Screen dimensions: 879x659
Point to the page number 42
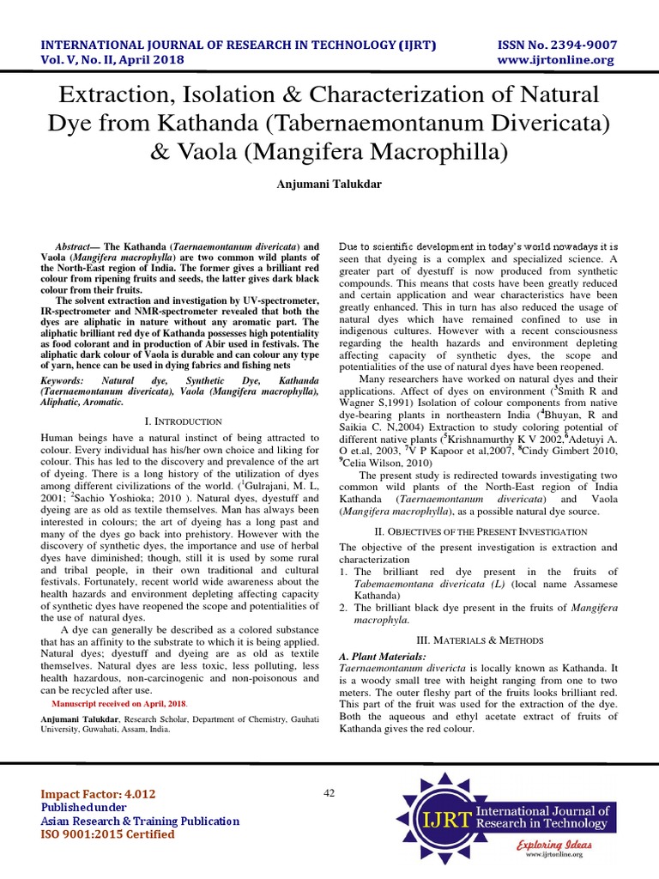(x=329, y=792)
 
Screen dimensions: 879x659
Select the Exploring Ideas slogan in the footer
(x=555, y=846)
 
